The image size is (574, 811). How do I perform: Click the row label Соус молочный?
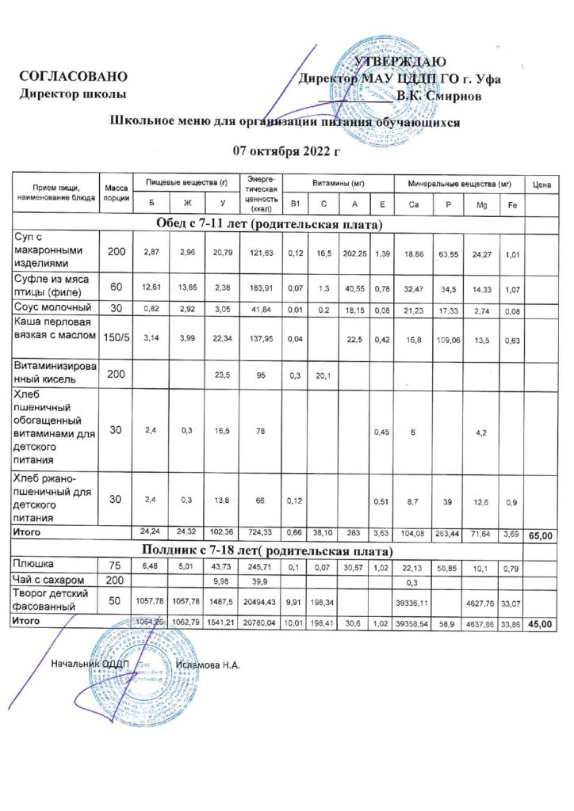point(54,307)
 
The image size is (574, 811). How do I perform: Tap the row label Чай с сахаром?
point(49,581)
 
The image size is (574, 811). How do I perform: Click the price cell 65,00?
point(542,536)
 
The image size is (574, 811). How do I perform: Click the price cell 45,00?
point(542,625)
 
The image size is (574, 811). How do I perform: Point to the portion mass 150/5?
point(117,337)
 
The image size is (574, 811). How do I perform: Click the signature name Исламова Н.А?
point(209,664)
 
